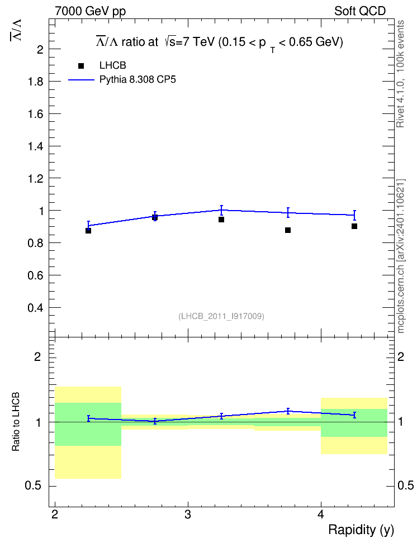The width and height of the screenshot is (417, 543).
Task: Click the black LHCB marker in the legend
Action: point(81,66)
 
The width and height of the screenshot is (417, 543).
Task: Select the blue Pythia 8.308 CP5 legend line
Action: point(81,80)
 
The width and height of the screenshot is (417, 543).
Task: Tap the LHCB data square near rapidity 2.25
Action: point(88,231)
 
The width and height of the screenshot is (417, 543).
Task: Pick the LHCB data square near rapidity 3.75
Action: point(288,230)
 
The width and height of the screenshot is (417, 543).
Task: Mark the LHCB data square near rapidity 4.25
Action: point(354,226)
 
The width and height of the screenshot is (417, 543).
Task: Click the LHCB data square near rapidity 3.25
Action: point(221,220)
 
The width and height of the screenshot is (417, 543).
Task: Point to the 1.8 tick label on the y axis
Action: point(36,82)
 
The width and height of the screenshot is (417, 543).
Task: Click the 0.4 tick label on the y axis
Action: point(36,308)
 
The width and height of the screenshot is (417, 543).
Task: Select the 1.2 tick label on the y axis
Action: point(36,179)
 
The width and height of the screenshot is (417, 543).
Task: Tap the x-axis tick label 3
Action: point(188,515)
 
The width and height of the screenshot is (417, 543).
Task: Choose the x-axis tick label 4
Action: point(321,515)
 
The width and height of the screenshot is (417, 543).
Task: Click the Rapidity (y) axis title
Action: point(361,530)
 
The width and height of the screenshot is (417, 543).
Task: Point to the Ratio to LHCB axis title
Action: point(16,422)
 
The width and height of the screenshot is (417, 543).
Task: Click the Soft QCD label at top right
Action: point(360,11)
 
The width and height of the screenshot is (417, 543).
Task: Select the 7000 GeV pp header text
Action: point(90,11)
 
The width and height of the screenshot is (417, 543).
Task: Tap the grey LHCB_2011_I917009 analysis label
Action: point(221,316)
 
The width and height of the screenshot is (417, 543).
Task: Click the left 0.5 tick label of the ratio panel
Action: point(34,486)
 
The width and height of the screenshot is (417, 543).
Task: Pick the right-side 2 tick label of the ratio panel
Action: point(401,357)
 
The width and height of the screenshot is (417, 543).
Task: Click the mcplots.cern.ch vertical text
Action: point(401,256)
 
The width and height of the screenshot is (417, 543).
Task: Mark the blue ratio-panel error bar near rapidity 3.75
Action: point(288,411)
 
